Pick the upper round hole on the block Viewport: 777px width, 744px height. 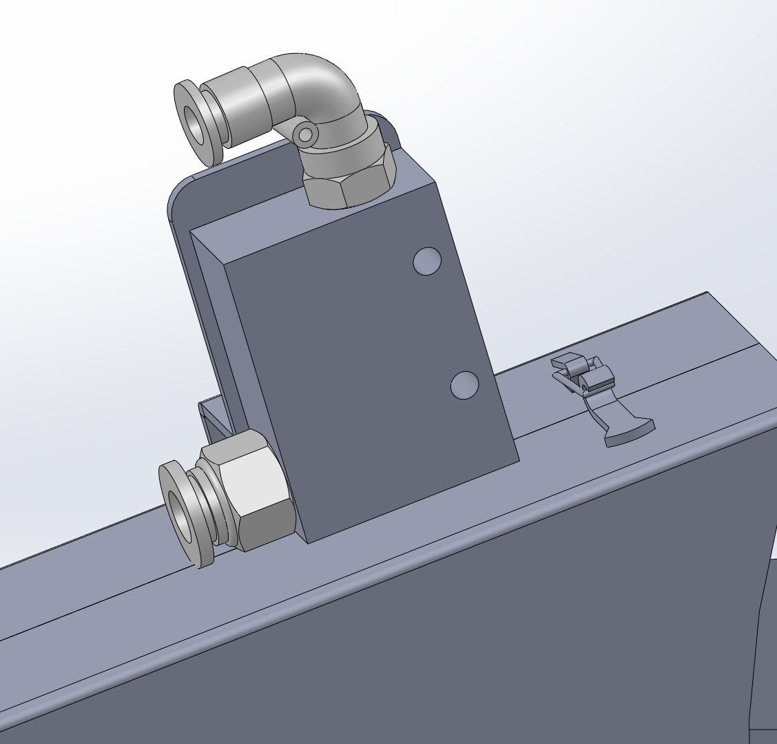(427, 262)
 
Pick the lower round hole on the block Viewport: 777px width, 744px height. (465, 385)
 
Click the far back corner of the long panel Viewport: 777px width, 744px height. (707, 294)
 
